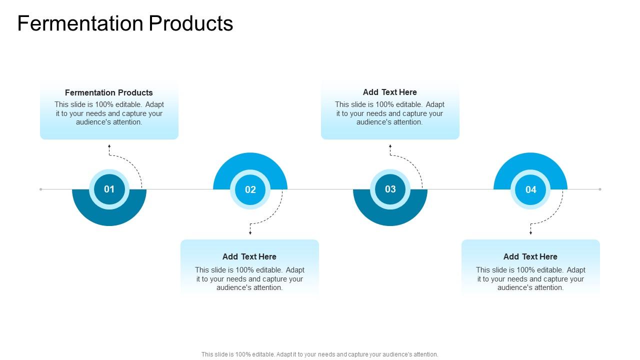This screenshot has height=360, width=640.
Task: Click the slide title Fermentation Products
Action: (125, 23)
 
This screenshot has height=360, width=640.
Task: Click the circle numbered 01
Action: (109, 189)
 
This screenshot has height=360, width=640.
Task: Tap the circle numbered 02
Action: (250, 189)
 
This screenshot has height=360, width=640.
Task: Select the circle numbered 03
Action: (390, 189)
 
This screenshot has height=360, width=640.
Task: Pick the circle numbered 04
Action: (530, 189)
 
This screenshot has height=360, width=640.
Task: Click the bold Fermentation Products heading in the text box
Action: (109, 92)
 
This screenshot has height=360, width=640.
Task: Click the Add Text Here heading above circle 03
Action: (390, 92)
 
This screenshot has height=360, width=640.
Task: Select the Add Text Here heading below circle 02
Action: (249, 256)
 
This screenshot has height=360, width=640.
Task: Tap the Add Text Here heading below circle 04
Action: (530, 256)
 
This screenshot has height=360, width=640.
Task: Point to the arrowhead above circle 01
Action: (109, 146)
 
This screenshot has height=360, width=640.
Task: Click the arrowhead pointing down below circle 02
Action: (250, 232)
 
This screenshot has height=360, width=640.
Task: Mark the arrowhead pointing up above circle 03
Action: (390, 146)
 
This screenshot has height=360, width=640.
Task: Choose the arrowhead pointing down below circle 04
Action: (530, 232)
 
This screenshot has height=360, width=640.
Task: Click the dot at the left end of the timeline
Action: (41, 189)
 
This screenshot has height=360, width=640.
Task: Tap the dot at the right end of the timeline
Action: (600, 189)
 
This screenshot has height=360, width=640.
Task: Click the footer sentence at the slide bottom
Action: (320, 354)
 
